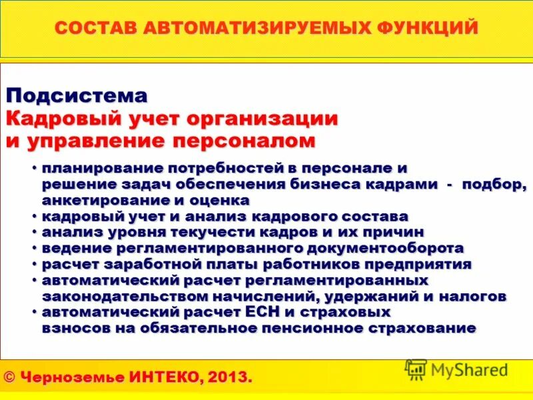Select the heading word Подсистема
[77, 95]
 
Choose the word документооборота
[380, 248]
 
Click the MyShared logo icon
[416, 369]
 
